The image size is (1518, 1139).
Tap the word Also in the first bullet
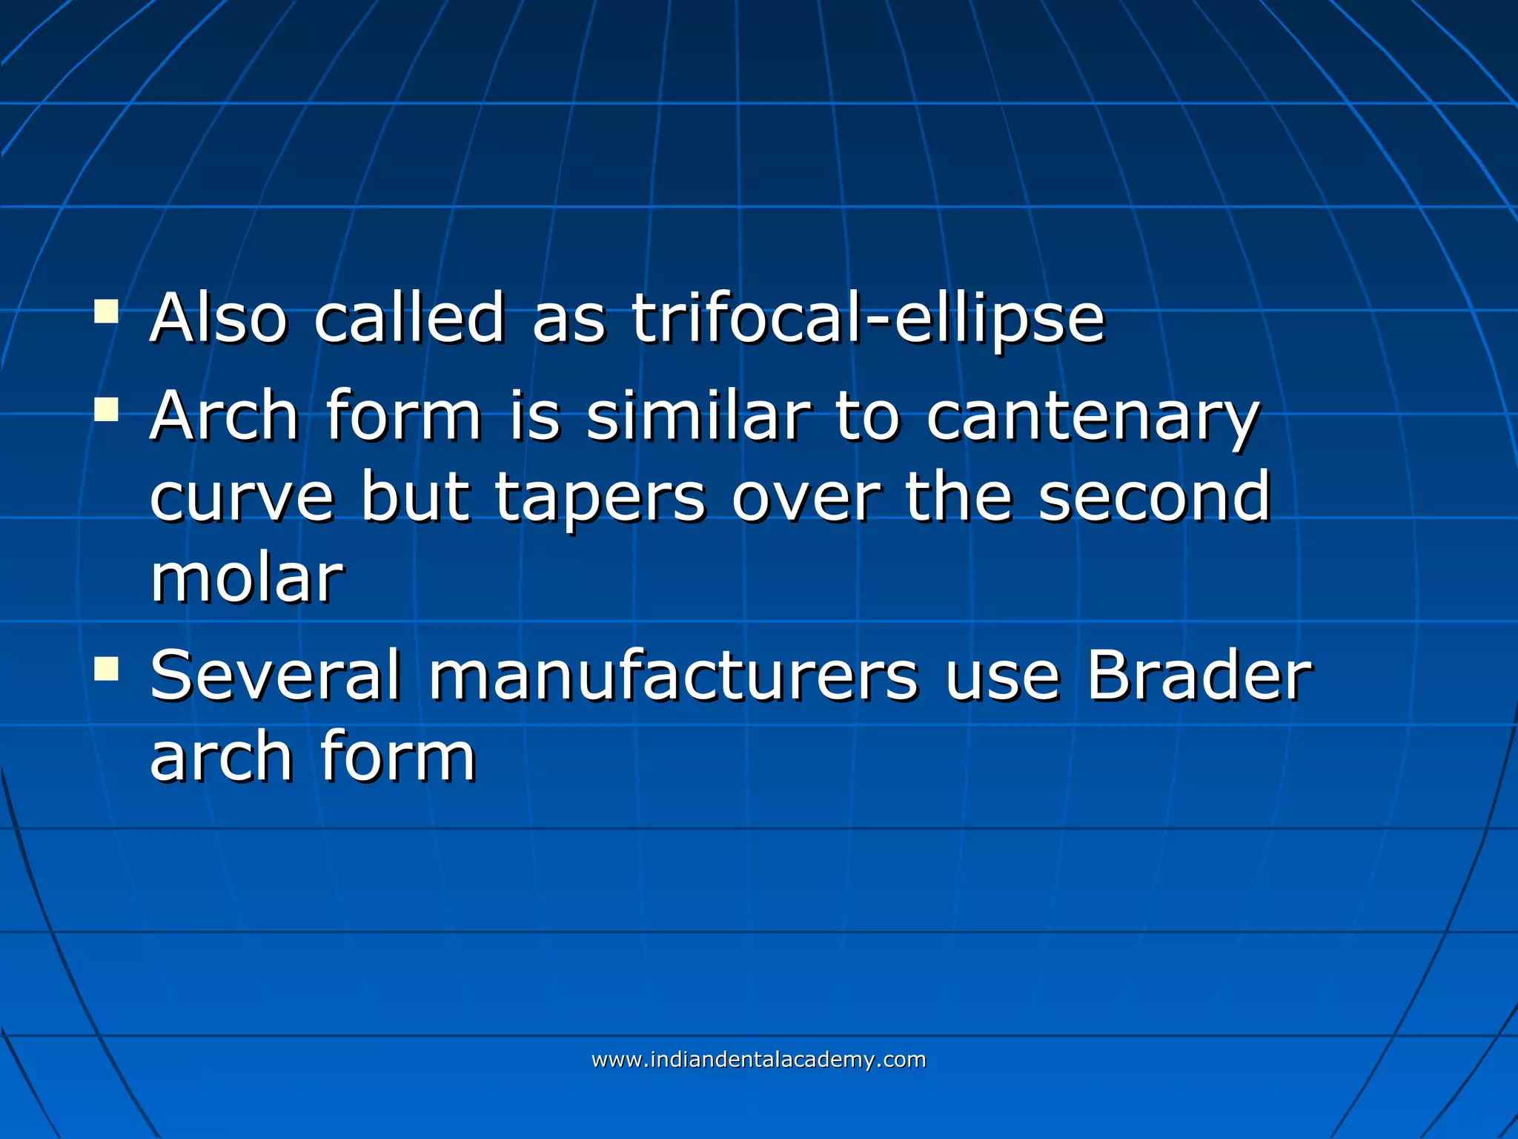219,319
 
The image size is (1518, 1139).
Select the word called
410,319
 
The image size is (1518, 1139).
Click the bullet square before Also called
107,311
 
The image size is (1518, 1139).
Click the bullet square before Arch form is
107,409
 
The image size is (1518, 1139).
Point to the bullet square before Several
107,669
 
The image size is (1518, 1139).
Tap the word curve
242,498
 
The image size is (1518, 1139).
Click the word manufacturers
674,676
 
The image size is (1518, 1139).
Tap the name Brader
1199,676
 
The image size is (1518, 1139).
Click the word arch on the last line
221,757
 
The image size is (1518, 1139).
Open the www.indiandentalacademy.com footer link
758,1060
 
